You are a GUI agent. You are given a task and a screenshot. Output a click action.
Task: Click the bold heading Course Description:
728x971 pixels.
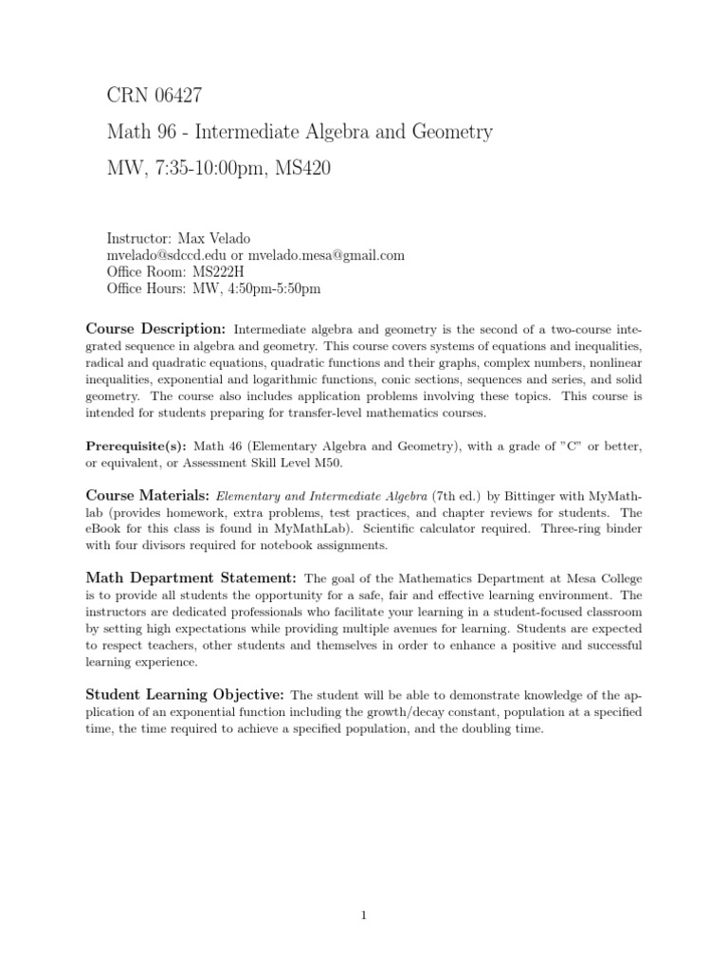155,328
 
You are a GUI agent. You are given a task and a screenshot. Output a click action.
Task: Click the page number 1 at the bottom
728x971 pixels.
364,889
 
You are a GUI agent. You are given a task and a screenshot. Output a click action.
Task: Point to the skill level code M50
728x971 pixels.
324,462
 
